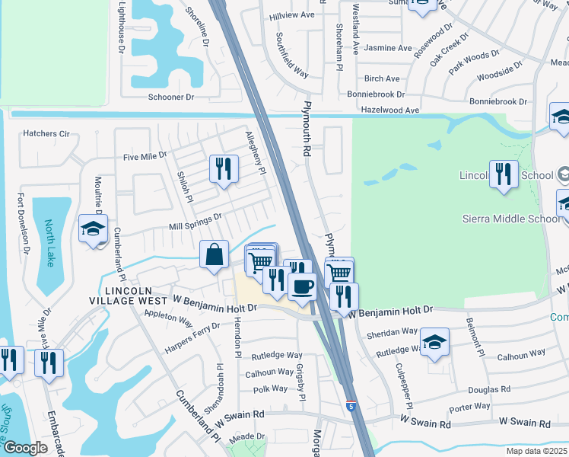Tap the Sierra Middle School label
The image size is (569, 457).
(x=511, y=219)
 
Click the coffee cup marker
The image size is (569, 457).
(x=302, y=287)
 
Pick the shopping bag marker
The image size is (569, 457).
(x=215, y=254)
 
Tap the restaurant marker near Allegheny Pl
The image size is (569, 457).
(x=224, y=168)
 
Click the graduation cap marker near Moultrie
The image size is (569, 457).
(x=94, y=228)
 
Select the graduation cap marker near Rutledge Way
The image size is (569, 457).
(x=434, y=342)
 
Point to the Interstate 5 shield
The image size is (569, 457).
(x=351, y=406)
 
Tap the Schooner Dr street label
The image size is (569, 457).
(x=171, y=97)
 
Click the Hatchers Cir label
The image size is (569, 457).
(x=46, y=133)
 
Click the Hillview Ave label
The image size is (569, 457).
(x=292, y=14)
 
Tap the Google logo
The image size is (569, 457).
(x=25, y=448)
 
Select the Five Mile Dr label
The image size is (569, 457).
(x=145, y=156)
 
